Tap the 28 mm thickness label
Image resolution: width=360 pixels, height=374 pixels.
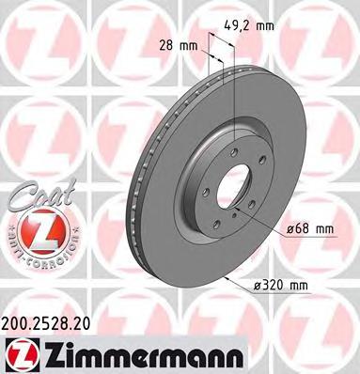point(180,44)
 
